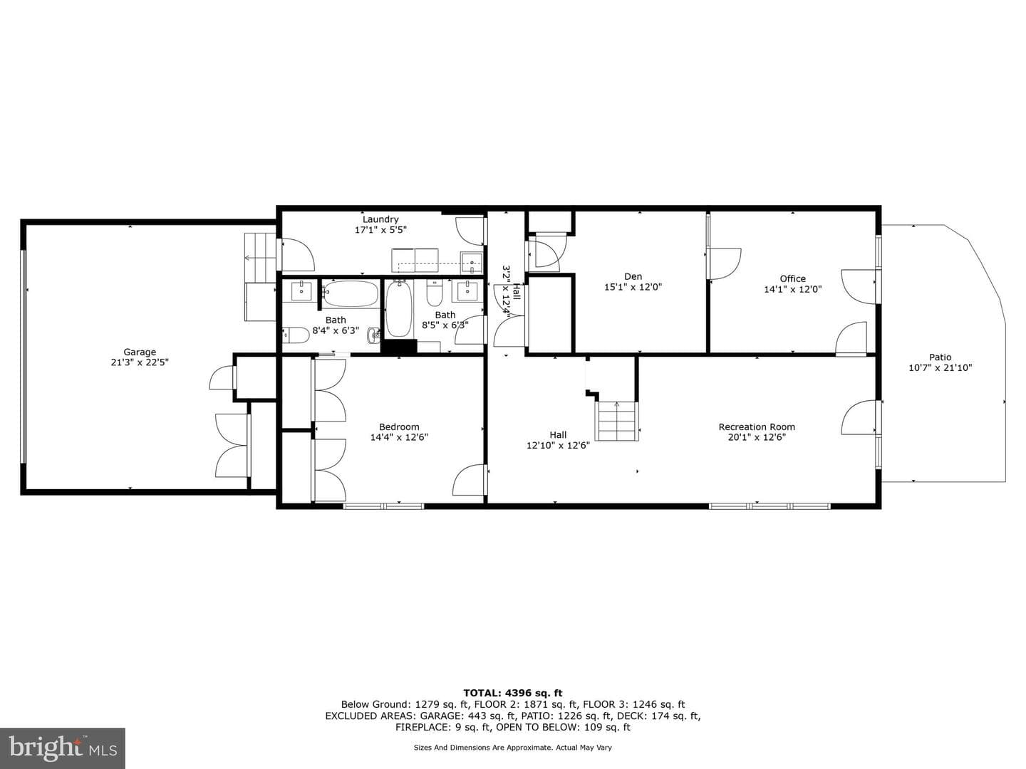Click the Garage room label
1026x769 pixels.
click(x=139, y=352)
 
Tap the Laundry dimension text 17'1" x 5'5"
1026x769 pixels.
click(x=380, y=230)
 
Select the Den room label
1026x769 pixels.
click(x=633, y=276)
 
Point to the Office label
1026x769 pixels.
click(x=792, y=278)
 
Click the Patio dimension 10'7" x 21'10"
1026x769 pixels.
click(x=940, y=367)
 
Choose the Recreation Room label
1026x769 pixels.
click(x=756, y=427)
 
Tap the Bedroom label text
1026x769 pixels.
click(x=399, y=427)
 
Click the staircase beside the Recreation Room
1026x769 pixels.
click(x=617, y=421)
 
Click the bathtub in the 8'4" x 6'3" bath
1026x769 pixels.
click(x=351, y=293)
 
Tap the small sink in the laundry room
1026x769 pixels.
click(x=471, y=263)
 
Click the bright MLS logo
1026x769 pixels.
click(x=62, y=748)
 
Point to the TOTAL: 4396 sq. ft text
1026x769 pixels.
click(x=512, y=693)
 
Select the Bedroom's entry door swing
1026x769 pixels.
click(x=470, y=479)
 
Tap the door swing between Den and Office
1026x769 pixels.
click(x=724, y=263)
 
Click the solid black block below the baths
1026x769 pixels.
click(x=399, y=347)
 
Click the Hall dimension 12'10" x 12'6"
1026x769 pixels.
click(x=558, y=446)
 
